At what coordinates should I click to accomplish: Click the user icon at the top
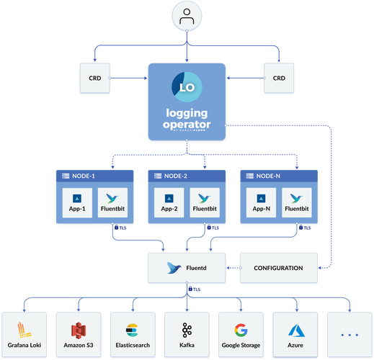tap(187, 17)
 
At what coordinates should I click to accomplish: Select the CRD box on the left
tap(94, 78)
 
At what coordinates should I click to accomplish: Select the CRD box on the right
tap(279, 78)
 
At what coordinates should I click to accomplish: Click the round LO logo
tap(187, 86)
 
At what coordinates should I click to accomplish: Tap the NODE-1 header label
tap(83, 176)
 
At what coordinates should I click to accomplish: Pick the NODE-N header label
tap(267, 176)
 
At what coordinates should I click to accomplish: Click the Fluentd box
tap(187, 268)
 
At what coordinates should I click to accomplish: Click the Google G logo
tap(241, 330)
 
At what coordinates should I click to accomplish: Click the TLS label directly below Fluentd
tap(196, 289)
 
